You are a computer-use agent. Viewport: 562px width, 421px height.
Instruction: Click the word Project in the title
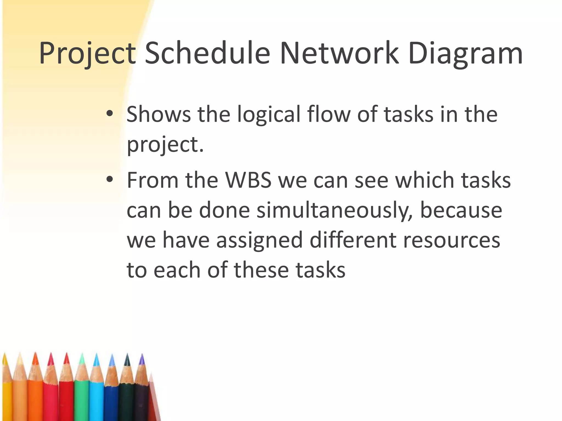[x=87, y=54]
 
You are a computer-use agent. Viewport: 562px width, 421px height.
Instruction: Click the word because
[x=461, y=210]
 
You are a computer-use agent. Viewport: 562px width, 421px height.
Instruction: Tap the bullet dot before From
[x=109, y=180]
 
